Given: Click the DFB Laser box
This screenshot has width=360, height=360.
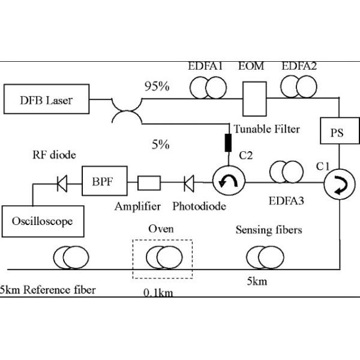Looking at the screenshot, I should coord(46,100).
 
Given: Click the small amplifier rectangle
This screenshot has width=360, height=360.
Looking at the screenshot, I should coord(149,181).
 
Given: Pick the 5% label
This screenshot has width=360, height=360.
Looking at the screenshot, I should coord(160,145).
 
